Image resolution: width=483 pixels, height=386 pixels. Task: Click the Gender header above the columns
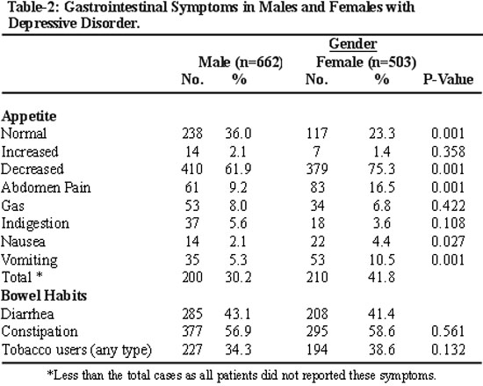pyautogui.click(x=353, y=44)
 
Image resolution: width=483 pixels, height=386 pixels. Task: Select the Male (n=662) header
pyautogui.click(x=241, y=62)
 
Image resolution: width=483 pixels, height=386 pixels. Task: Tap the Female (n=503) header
pyautogui.click(x=366, y=62)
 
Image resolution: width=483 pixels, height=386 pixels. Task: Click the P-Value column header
pyautogui.click(x=448, y=79)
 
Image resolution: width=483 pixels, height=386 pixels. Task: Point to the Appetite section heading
pyautogui.click(x=29, y=117)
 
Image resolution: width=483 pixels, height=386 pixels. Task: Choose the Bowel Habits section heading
pyautogui.click(x=44, y=295)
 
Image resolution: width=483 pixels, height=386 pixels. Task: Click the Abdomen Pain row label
pyautogui.click(x=46, y=188)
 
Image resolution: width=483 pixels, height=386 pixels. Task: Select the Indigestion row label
pyautogui.click(x=35, y=224)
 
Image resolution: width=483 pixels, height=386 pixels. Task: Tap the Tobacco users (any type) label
pyautogui.click(x=76, y=350)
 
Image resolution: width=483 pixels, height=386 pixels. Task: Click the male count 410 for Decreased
pyautogui.click(x=192, y=170)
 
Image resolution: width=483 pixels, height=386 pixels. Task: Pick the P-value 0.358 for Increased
pyautogui.click(x=448, y=152)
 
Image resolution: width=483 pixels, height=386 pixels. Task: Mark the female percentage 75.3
pyautogui.click(x=381, y=170)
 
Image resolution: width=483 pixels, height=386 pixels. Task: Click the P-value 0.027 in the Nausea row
pyautogui.click(x=448, y=242)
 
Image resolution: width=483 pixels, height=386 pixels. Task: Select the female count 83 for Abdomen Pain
pyautogui.click(x=318, y=187)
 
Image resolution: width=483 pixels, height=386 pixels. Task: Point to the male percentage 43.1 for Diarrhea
pyautogui.click(x=237, y=314)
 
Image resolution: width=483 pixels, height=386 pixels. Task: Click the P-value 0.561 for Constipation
pyautogui.click(x=448, y=331)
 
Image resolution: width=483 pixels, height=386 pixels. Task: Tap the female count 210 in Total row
pyautogui.click(x=317, y=277)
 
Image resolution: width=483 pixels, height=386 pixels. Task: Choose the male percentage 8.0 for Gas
pyautogui.click(x=238, y=206)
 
